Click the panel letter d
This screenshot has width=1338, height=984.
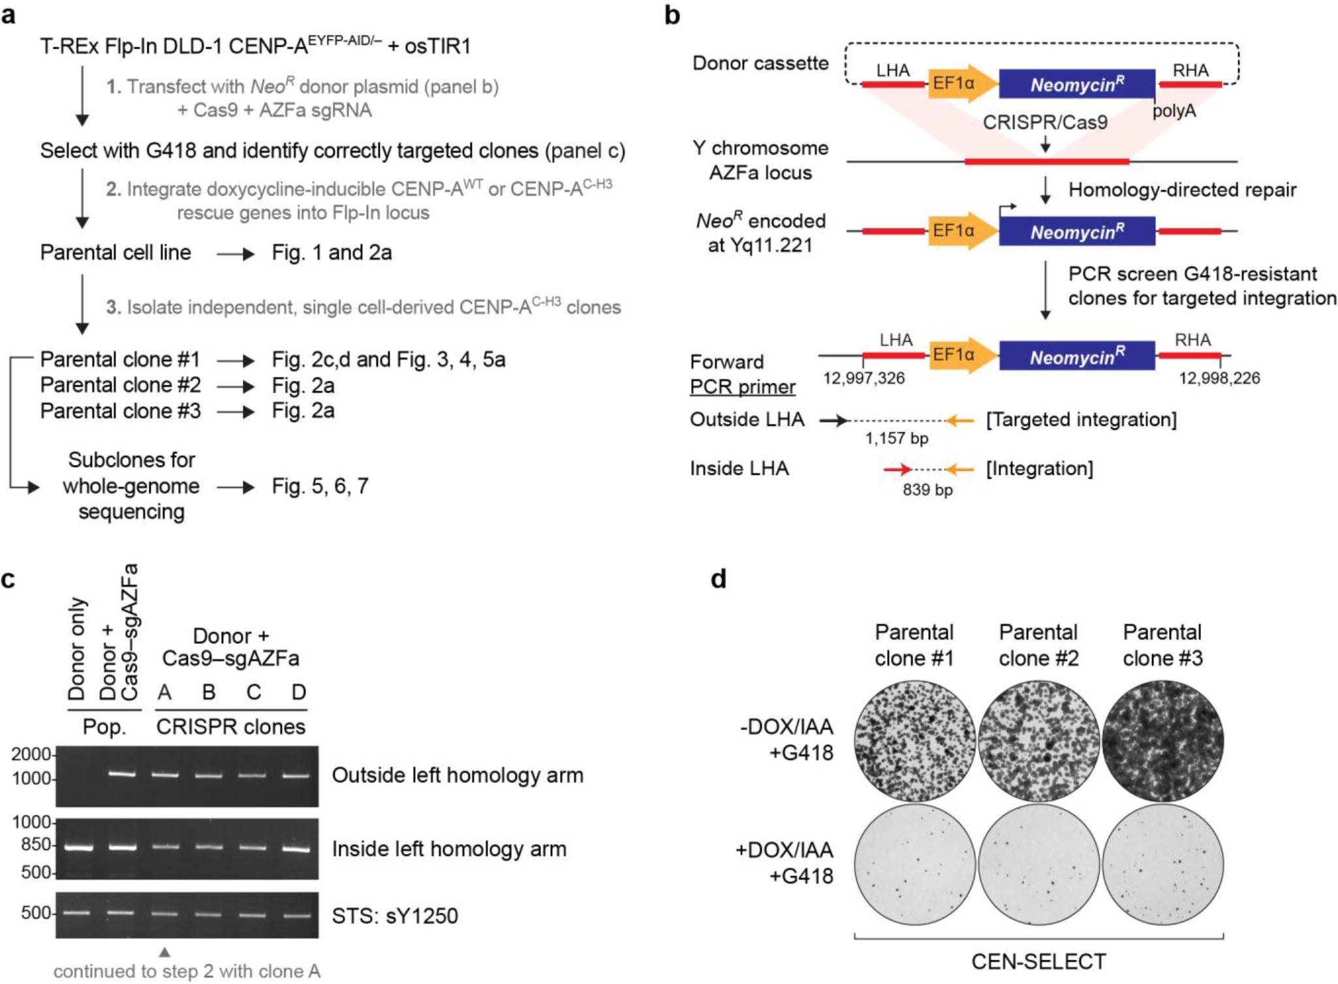coord(718,578)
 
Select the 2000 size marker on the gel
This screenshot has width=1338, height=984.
coord(31,754)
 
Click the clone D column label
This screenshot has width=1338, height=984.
coord(298,692)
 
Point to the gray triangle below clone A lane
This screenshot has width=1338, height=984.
coord(164,953)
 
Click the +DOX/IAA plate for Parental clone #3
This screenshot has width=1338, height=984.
coord(1162,865)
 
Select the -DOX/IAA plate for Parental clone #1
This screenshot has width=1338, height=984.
coord(914,741)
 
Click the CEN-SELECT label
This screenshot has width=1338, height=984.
coord(1038,961)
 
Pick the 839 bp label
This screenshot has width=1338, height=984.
coord(927,489)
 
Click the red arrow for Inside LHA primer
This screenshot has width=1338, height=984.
coord(897,469)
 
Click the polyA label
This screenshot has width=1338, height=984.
coord(1174,111)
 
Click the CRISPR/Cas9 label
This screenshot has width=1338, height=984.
coord(1045,122)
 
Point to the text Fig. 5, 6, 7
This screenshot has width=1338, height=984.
coord(320,486)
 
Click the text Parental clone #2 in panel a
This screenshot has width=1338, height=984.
coord(120,385)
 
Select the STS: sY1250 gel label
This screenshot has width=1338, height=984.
coord(395,915)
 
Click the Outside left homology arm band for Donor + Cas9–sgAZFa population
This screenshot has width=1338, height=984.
coord(121,774)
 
